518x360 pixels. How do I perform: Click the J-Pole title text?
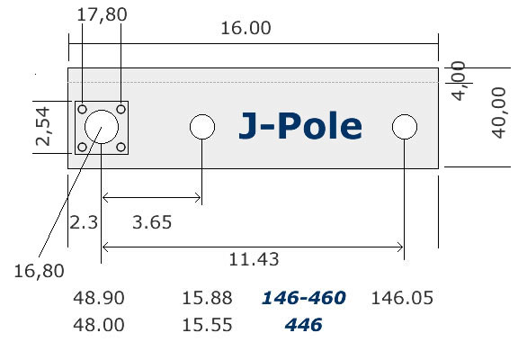(300, 127)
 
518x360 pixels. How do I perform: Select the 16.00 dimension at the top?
(246, 28)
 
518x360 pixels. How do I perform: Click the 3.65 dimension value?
(152, 221)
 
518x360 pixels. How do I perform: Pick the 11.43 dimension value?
(255, 259)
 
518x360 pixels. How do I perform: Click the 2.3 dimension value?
(83, 221)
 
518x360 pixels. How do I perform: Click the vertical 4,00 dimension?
(458, 81)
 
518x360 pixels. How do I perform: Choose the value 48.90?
(102, 298)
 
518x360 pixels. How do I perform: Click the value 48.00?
(102, 325)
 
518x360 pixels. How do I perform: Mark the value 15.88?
(208, 298)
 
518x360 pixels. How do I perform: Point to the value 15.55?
(208, 325)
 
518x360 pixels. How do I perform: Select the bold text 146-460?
(303, 298)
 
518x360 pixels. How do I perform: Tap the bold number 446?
(303, 325)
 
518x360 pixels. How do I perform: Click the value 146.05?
(403, 298)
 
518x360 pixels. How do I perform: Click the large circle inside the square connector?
(102, 127)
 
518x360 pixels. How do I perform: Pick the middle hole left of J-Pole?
(202, 127)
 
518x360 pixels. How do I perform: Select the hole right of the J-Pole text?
(406, 127)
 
